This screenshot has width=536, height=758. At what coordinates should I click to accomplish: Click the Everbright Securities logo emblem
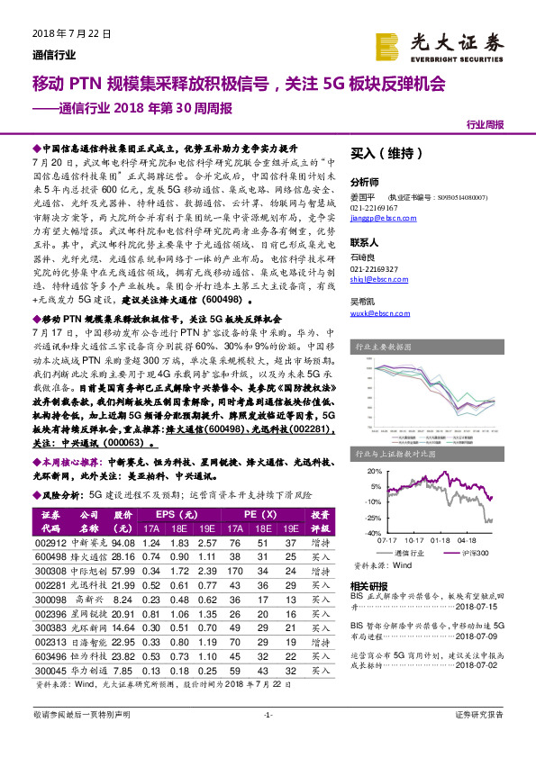coord(388,45)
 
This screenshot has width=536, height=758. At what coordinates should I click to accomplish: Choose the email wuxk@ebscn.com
coord(373,312)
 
